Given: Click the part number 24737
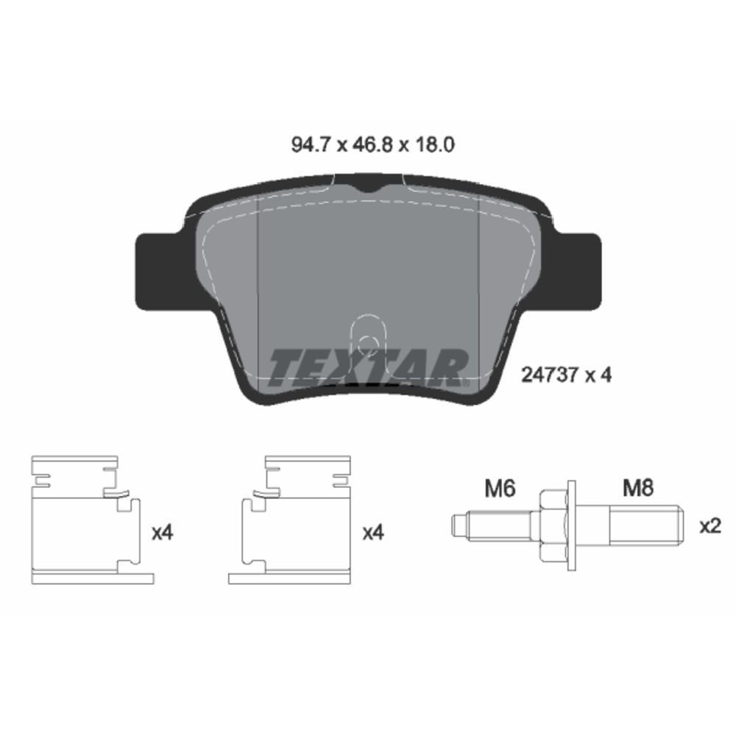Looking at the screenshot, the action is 550,375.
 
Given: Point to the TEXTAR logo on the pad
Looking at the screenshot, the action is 369,368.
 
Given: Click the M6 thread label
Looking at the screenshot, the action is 500,488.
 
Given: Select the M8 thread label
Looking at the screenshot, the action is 638,488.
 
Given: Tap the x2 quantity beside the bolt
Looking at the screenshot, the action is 710,526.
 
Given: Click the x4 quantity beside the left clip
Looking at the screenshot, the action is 163,533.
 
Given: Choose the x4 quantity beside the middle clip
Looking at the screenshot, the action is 373,533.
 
